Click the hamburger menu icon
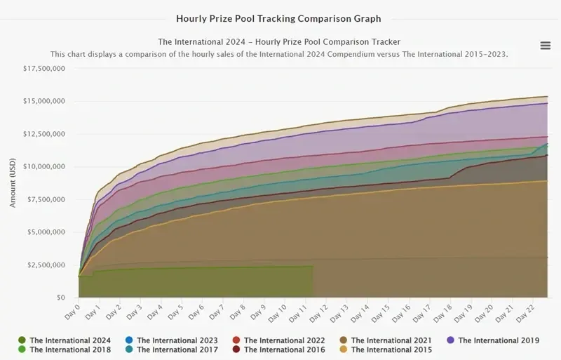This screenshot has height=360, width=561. pyautogui.click(x=546, y=46)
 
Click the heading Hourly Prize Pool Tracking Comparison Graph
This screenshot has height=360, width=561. pyautogui.click(x=278, y=19)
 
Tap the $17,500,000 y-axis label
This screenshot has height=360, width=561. pyautogui.click(x=44, y=68)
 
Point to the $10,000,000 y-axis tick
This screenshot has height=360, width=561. pyautogui.click(x=44, y=166)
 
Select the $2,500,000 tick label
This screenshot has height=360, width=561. pyautogui.click(x=46, y=265)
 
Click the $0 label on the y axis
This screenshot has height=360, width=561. pyautogui.click(x=61, y=298)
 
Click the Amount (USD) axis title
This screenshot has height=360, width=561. pyautogui.click(x=13, y=182)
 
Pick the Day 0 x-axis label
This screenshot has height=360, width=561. pyautogui.click(x=72, y=312)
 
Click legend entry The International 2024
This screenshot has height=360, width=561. pyautogui.click(x=65, y=340)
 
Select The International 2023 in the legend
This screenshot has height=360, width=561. pyautogui.click(x=171, y=340)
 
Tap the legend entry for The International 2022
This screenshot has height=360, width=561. pyautogui.click(x=278, y=340)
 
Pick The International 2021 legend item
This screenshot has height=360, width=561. pyautogui.click(x=386, y=340)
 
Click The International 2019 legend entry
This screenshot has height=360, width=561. pyautogui.click(x=493, y=340)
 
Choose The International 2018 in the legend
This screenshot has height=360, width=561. pyautogui.click(x=65, y=349)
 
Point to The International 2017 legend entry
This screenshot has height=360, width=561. pyautogui.click(x=171, y=349)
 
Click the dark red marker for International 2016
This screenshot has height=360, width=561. pyautogui.click(x=236, y=349)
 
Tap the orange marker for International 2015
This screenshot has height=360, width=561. pyautogui.click(x=344, y=349)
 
